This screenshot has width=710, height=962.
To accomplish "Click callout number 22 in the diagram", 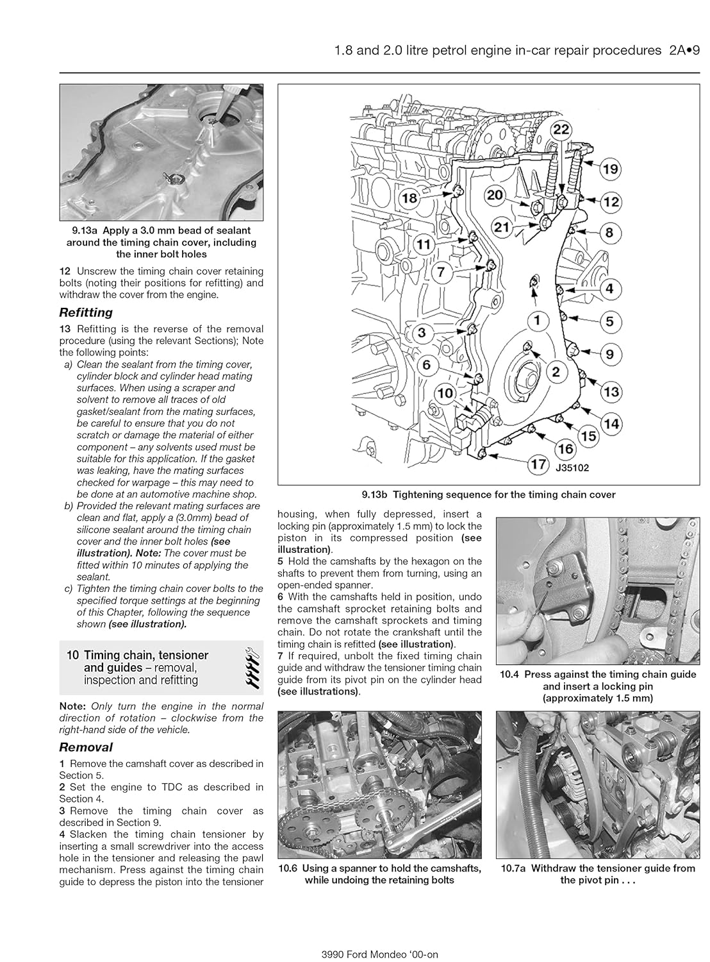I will (561, 130).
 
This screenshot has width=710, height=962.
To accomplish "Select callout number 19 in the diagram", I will (610, 169).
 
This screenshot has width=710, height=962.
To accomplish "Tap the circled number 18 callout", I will (408, 198).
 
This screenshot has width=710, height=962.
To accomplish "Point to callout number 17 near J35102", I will (536, 464).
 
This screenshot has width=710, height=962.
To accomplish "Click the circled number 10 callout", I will (445, 393).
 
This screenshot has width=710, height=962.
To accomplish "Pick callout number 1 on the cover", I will (537, 319).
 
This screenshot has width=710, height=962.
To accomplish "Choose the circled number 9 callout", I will (609, 354).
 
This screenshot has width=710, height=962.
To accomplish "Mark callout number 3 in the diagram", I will (422, 333).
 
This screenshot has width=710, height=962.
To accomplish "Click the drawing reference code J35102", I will (572, 468).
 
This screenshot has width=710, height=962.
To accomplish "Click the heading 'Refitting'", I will (86, 313).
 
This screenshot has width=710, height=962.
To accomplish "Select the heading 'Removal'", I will (86, 747).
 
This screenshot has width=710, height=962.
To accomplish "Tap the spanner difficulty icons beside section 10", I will (253, 668).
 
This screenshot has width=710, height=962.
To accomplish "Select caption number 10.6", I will (292, 868).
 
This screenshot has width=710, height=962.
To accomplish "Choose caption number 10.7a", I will (514, 868).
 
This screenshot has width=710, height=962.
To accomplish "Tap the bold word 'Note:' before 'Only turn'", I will (73, 706).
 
